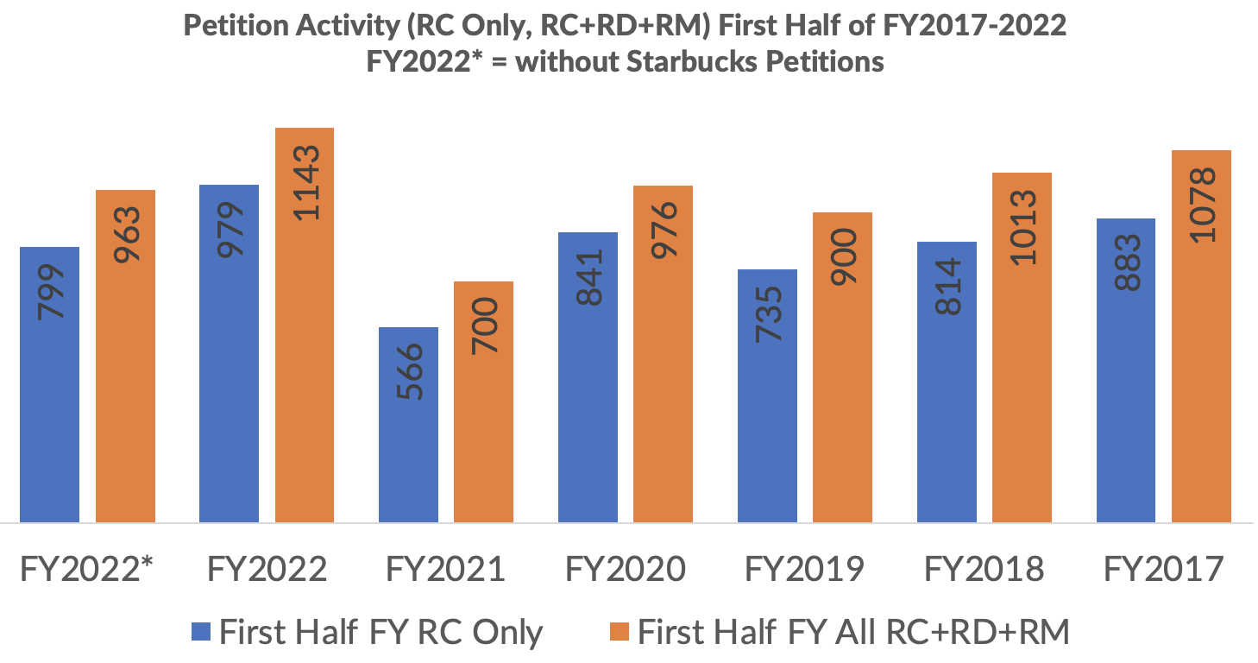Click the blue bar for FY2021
408,425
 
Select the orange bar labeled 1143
305,325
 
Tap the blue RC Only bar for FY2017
1126,370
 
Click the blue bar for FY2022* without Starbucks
49,384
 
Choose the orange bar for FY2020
663,354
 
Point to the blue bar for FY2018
947,382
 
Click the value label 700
484,325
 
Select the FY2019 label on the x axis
805,570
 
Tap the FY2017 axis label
1164,570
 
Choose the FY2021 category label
445,570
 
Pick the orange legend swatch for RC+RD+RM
618,632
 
